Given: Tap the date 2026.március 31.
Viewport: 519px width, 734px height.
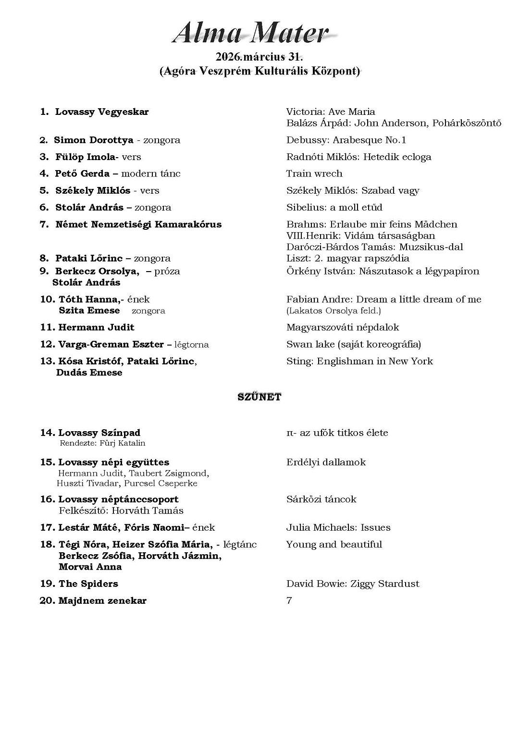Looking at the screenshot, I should [259, 57].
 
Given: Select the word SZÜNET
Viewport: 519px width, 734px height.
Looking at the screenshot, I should [259, 397].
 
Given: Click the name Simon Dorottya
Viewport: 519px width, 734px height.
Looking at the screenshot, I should [94, 140].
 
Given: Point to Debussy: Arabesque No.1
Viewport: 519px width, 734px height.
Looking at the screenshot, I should [346, 140].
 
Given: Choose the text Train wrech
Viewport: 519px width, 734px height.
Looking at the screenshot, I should [314, 174].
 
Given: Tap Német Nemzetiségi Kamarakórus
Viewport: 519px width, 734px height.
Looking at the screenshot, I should [138, 224].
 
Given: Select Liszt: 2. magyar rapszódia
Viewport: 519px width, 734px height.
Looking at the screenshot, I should [348, 259].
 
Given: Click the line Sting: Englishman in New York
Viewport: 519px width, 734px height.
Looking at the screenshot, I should [359, 361].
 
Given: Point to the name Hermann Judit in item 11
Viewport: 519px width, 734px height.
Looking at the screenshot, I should [96, 327].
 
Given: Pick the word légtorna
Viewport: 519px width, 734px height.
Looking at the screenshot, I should [191, 345].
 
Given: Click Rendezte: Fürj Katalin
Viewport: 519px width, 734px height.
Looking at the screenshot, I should [102, 443].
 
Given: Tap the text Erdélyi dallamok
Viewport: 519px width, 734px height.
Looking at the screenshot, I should [326, 462].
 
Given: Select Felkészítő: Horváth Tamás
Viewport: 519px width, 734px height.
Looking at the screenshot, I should [121, 510].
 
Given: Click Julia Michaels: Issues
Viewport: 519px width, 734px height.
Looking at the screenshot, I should [338, 528].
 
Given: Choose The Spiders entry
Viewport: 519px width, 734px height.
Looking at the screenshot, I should [88, 584].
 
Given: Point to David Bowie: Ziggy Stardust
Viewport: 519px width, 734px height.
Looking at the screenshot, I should [353, 584].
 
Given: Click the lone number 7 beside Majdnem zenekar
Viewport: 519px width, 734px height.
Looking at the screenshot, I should [289, 601].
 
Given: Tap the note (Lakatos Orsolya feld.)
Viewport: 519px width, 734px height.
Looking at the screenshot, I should [334, 311].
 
